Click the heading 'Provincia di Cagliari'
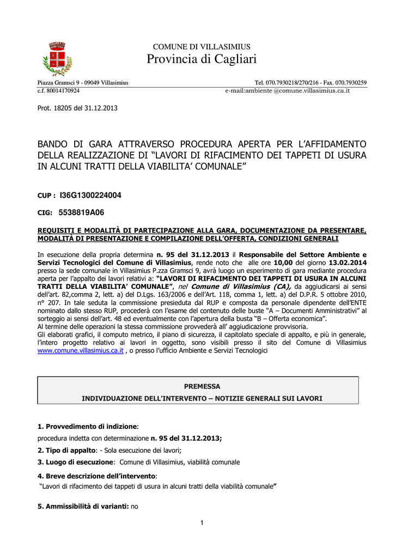[x=202, y=59]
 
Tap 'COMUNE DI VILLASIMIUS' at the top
[x=202, y=47]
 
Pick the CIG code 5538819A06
[x=81, y=213]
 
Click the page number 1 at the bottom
[x=202, y=524]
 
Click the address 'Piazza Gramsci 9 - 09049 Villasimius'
[x=83, y=83]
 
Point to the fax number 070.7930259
[x=344, y=83]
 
